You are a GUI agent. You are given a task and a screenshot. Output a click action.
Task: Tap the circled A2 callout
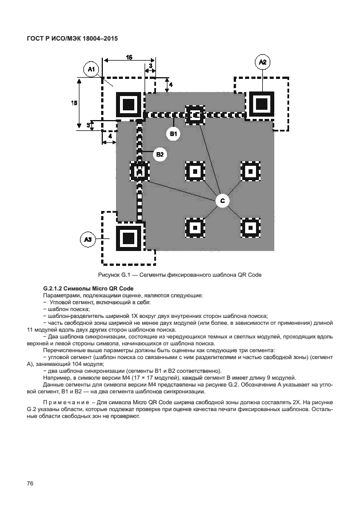(262, 61)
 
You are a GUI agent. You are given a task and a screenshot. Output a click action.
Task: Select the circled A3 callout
(87, 240)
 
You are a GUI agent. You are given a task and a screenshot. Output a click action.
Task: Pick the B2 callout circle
(159, 154)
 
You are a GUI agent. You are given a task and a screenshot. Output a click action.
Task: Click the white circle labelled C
(222, 200)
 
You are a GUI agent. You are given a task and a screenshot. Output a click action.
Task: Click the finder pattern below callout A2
(262, 105)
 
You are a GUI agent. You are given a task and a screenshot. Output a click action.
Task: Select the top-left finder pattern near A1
(129, 105)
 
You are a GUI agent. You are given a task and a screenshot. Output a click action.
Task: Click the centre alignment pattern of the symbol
(195, 171)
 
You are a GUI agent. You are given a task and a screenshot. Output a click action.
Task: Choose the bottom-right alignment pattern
(250, 227)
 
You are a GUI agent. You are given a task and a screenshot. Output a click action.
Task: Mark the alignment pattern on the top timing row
(195, 115)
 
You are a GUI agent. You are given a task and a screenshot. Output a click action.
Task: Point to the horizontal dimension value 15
(129, 57)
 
